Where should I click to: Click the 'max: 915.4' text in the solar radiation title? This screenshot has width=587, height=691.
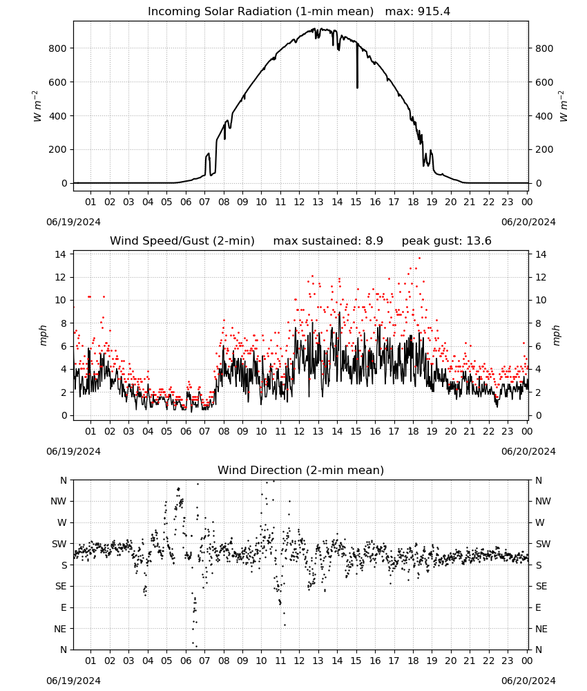click(418, 11)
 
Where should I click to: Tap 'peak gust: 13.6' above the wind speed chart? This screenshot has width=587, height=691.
click(446, 240)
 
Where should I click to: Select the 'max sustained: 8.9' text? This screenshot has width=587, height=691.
click(328, 240)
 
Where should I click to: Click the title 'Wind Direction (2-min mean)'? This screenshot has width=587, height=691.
click(301, 470)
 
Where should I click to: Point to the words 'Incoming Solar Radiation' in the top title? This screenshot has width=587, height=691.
click(220, 11)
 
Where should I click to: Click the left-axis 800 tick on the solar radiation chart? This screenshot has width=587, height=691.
click(57, 48)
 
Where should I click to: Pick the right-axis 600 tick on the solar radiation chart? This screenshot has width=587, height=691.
click(544, 82)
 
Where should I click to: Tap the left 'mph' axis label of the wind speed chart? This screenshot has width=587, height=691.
click(43, 335)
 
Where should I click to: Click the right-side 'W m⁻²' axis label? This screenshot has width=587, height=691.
click(564, 106)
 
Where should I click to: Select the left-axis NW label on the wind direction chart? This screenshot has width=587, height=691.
click(59, 501)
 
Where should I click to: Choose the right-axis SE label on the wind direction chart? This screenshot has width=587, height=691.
click(541, 586)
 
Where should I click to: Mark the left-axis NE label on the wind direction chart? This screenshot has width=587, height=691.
click(60, 629)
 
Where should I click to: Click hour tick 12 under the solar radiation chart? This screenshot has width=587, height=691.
click(299, 202)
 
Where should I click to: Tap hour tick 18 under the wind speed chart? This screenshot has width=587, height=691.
click(413, 431)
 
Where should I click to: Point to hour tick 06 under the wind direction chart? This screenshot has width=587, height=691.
click(186, 661)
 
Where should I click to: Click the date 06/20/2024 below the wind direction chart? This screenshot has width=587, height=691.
click(528, 681)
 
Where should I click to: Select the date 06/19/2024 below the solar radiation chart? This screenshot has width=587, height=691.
click(73, 222)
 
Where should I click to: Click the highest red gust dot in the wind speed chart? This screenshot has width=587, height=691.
click(419, 258)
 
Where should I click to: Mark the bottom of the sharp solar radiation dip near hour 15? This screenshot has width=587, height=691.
click(357, 88)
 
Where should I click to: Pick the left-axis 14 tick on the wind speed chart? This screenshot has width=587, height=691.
click(61, 254)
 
